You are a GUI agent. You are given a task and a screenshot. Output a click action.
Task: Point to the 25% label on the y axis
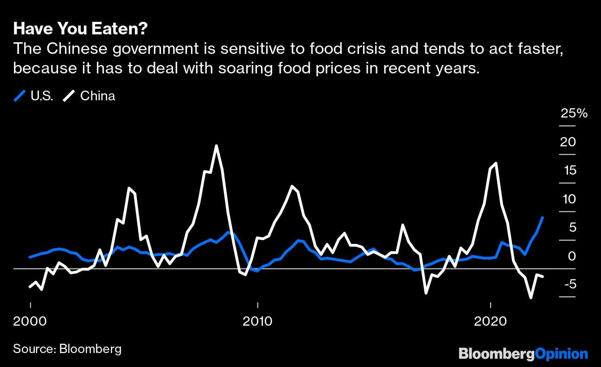[574, 113]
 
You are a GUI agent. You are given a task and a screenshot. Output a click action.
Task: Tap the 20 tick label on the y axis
[568, 142]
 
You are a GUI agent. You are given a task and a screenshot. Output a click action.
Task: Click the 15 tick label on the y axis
[568, 171]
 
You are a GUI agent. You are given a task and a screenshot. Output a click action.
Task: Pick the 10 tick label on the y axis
[568, 199]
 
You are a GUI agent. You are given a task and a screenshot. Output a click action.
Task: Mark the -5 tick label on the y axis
[568, 284]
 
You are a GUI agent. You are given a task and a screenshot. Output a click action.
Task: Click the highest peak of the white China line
[216, 146]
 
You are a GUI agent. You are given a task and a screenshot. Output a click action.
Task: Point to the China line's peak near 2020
[496, 163]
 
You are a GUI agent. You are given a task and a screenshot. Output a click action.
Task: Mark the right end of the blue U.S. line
[543, 217]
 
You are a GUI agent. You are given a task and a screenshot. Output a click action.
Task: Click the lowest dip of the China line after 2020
[531, 297]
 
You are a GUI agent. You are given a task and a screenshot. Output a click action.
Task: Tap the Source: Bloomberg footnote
[67, 349]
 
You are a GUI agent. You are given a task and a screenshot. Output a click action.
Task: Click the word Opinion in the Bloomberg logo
[562, 354]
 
